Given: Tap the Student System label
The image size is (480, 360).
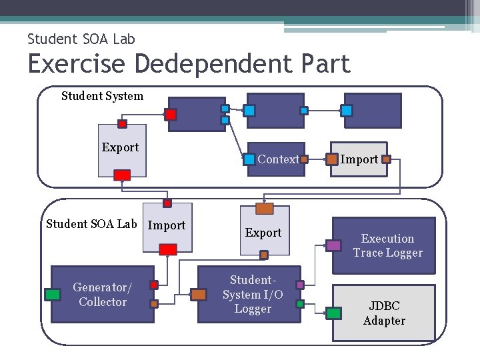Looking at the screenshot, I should tap(102, 96).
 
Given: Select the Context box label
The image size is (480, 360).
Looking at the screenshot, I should tap(278, 159).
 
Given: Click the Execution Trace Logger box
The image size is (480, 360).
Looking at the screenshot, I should tap(387, 246).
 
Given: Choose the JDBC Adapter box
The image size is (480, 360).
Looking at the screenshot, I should tap(384, 313).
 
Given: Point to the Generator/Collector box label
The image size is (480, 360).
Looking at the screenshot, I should tap(102, 295).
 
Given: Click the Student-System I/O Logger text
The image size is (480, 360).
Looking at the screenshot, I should tap(253, 295).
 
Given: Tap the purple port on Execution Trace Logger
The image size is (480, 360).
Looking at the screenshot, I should tap(333, 245).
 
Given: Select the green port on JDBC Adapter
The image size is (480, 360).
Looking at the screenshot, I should tap(334, 312).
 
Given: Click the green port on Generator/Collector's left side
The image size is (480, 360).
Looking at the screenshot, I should tap(52, 295).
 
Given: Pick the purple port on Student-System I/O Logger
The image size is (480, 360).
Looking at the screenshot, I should tap(300, 285).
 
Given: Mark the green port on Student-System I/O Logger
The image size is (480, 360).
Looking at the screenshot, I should tap(300, 304).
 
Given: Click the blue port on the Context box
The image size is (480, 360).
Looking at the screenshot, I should tap(249, 159).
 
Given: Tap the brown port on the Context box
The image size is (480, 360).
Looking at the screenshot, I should tap(304, 159).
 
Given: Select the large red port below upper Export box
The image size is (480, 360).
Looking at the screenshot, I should tap(122, 175).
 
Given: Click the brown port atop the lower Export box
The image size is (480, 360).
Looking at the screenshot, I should tap(264, 209).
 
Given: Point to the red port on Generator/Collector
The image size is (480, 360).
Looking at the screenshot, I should tap(154, 285).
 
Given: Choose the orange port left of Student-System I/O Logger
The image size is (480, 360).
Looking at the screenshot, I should tap(199, 295).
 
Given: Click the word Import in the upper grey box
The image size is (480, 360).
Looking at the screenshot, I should tap(359, 159).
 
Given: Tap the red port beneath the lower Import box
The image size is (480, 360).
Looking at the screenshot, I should tap(168, 249).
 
